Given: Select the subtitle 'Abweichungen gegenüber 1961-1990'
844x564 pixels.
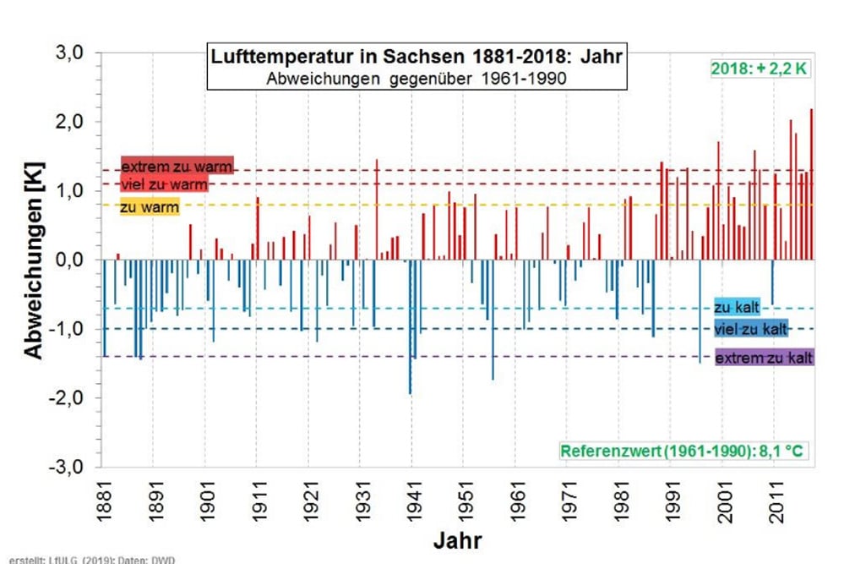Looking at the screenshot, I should [417, 79].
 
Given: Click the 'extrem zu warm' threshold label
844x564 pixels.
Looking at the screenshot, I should [177, 165].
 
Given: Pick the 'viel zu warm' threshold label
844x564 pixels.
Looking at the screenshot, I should [163, 184].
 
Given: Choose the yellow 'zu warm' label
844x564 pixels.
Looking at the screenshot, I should [149, 208].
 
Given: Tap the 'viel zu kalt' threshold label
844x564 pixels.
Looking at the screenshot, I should [752, 328].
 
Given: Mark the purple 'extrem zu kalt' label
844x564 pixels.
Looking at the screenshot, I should [764, 359].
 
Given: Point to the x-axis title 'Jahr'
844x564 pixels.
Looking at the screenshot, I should [459, 539].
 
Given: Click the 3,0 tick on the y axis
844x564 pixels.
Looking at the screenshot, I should [70, 52].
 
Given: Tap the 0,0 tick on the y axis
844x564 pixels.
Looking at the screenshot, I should [70, 260].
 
